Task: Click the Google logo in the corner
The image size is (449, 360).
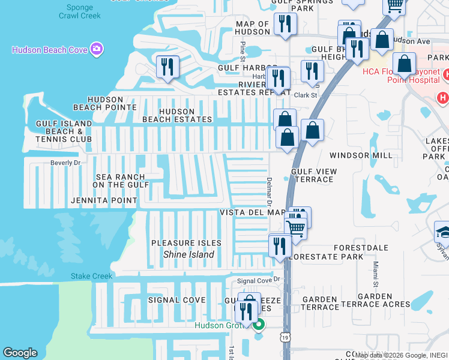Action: pos(20,353)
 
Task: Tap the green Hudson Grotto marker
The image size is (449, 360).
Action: pos(259,326)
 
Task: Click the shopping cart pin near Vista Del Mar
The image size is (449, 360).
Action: pos(295,227)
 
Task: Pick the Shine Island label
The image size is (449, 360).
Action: pos(188,254)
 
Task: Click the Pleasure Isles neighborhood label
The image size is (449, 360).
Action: pos(186,243)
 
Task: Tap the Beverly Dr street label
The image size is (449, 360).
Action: pos(65,163)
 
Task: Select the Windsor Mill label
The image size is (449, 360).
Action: pos(361,155)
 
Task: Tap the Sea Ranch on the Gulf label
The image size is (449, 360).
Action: pos(121,181)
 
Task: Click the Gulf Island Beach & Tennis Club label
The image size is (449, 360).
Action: pos(64,131)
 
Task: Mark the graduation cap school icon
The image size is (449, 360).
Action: pos(443,232)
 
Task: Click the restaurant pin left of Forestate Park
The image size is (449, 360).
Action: pos(280,246)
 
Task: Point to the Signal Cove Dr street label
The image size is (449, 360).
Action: pos(259,280)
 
